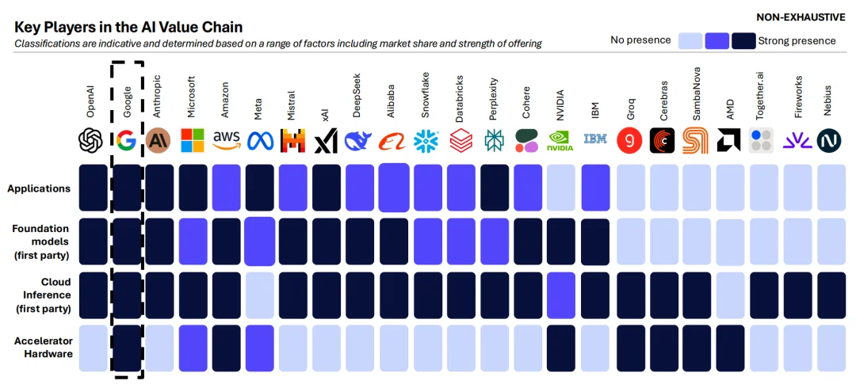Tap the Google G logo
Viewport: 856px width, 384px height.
[126, 140]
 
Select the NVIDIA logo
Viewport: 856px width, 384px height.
[561, 140]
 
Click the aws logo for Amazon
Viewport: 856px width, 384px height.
[227, 140]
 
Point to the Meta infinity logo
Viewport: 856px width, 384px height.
[260, 141]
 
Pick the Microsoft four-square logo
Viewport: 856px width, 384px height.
[193, 140]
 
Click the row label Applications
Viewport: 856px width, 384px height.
[39, 188]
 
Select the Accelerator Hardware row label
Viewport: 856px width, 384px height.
[43, 348]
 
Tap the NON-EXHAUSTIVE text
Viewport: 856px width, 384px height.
[801, 17]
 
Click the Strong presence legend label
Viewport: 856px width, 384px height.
[797, 40]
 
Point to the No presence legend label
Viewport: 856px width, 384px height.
[640, 40]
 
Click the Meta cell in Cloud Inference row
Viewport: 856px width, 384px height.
[260, 295]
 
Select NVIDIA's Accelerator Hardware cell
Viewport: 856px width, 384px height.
[561, 348]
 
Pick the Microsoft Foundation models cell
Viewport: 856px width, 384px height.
[193, 241]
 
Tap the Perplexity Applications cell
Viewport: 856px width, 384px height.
[495, 188]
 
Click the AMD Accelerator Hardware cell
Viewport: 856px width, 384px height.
[729, 348]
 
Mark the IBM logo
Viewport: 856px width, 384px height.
[595, 139]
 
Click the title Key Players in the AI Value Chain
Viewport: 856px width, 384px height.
[129, 27]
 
